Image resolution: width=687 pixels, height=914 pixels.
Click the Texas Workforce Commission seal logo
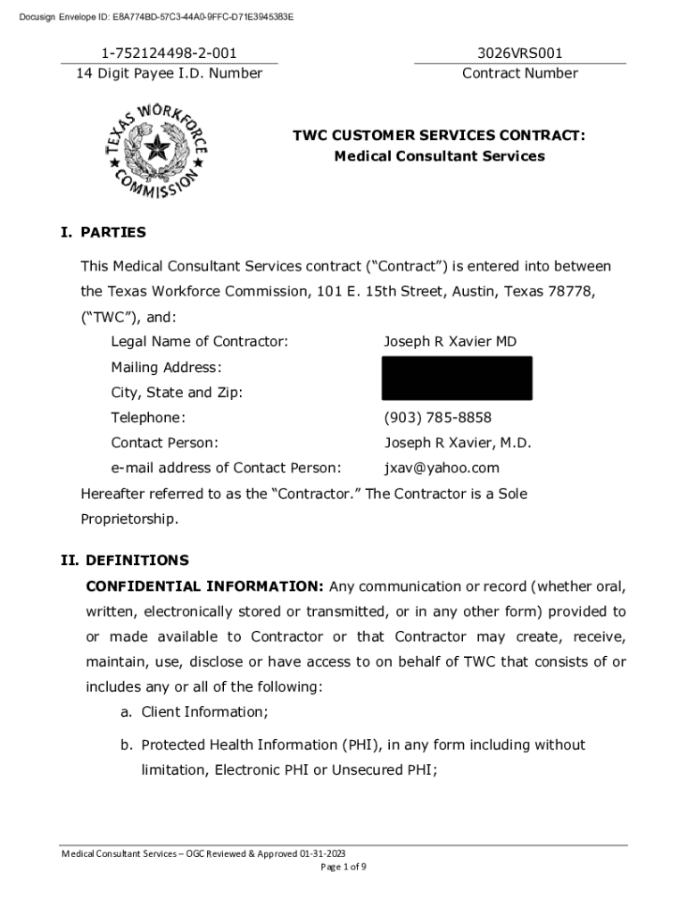click(x=157, y=154)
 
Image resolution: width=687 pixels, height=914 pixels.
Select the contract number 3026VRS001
click(x=519, y=54)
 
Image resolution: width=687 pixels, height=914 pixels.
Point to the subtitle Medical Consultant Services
click(x=439, y=156)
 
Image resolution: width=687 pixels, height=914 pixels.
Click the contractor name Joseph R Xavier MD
click(x=450, y=342)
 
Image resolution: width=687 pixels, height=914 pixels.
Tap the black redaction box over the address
click(x=457, y=378)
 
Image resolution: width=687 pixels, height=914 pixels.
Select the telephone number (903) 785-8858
click(x=437, y=418)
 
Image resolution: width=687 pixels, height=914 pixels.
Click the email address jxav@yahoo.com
click(x=442, y=468)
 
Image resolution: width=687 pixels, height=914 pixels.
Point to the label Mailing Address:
click(x=166, y=368)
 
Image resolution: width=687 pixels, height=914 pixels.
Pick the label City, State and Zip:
click(x=177, y=393)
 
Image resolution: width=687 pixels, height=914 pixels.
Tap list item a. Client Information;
click(x=195, y=711)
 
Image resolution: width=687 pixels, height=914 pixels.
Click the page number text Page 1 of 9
click(x=343, y=867)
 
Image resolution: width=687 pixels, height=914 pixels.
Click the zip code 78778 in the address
click(x=572, y=292)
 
